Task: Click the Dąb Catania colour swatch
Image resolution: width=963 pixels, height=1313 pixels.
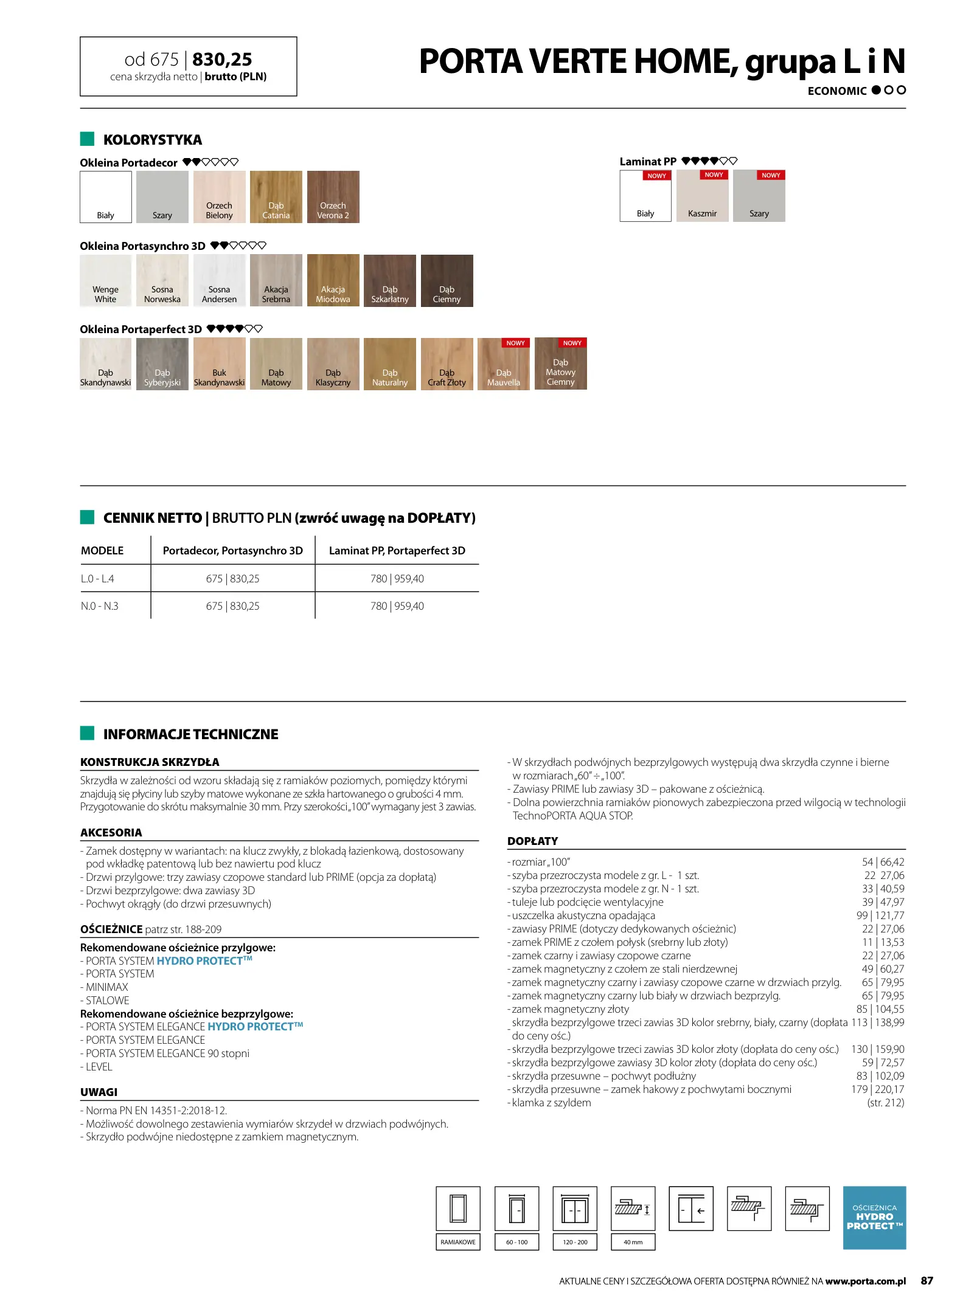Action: tap(276, 197)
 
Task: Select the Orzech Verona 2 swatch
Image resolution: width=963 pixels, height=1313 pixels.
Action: tap(333, 197)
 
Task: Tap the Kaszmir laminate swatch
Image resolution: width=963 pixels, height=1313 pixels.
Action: tap(702, 196)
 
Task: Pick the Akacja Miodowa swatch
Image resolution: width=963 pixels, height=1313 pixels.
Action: tap(333, 280)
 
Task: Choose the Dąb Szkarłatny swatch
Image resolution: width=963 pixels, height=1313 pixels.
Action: tap(390, 280)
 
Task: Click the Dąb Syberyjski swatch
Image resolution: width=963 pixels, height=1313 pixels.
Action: tap(162, 364)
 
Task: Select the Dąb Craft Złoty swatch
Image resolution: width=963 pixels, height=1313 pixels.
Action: tap(447, 364)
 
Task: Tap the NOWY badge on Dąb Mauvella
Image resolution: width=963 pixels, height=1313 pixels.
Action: tap(515, 343)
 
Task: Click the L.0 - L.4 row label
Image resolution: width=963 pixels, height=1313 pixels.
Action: tap(97, 579)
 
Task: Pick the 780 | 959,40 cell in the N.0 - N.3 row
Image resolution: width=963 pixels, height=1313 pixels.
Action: tap(397, 606)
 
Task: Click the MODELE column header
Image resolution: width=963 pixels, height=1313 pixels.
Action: tap(102, 551)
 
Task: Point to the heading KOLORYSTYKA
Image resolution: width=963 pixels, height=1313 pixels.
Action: tap(152, 140)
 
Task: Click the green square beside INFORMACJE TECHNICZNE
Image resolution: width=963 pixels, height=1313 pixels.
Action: tap(87, 733)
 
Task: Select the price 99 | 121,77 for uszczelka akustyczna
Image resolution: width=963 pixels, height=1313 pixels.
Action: tap(880, 915)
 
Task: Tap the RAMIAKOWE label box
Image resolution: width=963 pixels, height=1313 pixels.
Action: tap(458, 1242)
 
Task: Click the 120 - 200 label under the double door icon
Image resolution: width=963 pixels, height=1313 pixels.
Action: tap(575, 1242)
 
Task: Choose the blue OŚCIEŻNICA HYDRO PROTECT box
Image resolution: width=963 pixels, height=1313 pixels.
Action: tap(874, 1218)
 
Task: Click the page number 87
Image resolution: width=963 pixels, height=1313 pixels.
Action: tap(926, 1281)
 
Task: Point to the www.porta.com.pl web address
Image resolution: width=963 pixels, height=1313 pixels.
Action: tap(865, 1281)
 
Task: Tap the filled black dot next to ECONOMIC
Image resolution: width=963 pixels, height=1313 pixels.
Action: tap(876, 90)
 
